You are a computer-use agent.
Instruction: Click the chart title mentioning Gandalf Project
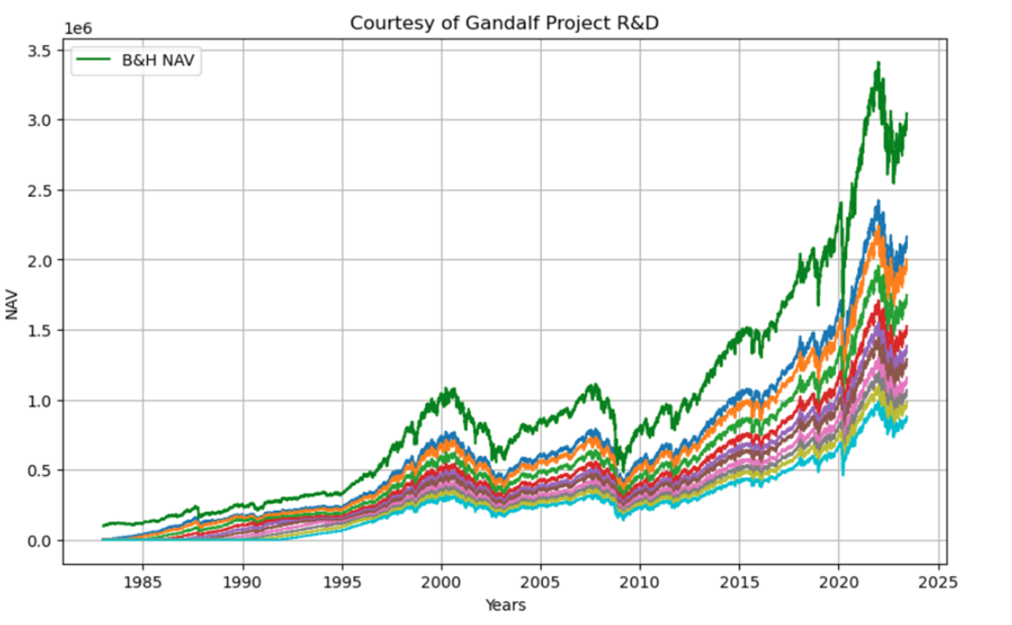[x=504, y=23]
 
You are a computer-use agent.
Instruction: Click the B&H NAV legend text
[x=158, y=61]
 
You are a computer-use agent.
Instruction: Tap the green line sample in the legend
[x=94, y=60]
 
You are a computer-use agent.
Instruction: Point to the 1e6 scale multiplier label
[x=78, y=29]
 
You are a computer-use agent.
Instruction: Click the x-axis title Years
[x=505, y=605]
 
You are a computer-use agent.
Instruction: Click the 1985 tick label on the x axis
[x=144, y=583]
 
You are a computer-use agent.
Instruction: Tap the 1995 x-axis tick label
[x=342, y=583]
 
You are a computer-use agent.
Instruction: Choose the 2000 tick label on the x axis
[x=442, y=583]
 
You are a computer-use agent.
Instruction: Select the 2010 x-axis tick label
[x=640, y=583]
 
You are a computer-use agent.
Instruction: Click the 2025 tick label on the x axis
[x=937, y=583]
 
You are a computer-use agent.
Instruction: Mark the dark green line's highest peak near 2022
[x=879, y=62]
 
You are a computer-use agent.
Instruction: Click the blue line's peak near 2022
[x=879, y=201]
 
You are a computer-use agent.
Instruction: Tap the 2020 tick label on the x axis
[x=838, y=583]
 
